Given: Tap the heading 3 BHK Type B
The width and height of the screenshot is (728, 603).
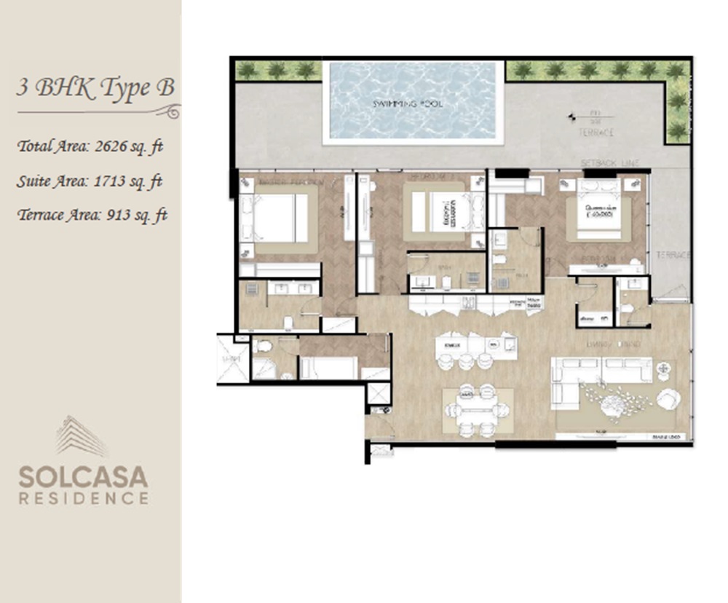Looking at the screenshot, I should pos(95,88).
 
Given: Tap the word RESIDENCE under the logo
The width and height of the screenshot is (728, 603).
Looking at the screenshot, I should pos(83,499).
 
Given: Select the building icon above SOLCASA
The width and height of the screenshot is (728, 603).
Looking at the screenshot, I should pos(82,436).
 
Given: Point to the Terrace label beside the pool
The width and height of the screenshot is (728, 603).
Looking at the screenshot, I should pos(596,133).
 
